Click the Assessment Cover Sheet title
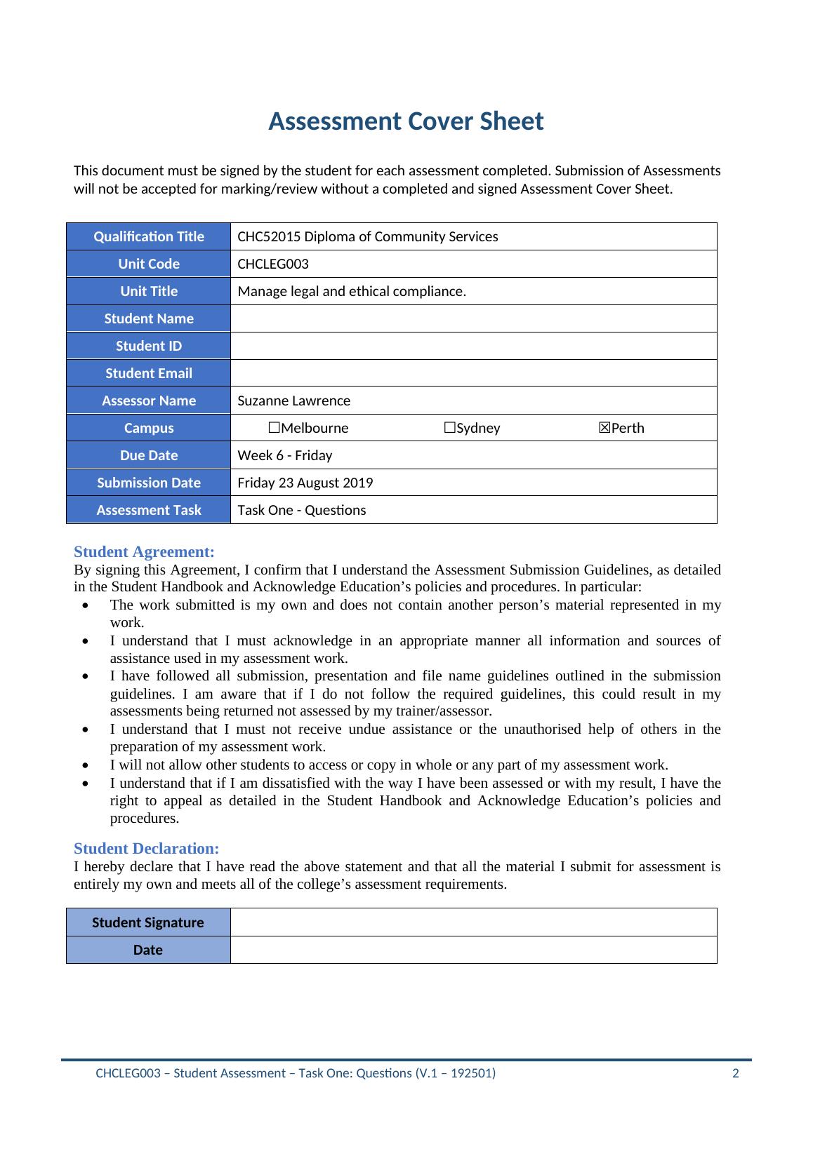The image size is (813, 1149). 406,121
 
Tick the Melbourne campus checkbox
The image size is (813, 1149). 274,428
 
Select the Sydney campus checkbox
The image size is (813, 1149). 449,428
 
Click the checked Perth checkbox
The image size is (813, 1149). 604,428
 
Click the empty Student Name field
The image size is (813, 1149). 473,318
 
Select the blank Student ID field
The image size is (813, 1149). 473,346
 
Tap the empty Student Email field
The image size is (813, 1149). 473,373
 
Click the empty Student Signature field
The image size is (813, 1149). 473,922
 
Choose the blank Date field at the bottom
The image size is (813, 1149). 473,950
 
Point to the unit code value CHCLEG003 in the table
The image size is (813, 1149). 273,264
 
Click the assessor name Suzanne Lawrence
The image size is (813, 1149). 293,401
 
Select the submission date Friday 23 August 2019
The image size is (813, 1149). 305,483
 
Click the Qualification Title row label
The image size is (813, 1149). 149,237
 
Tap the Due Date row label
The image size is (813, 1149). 149,456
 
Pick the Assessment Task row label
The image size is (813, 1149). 149,511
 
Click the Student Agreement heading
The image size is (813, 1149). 144,552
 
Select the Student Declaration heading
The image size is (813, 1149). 146,849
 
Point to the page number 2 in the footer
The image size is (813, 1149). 735,1073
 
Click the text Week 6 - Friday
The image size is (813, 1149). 285,456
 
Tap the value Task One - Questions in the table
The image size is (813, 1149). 302,511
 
